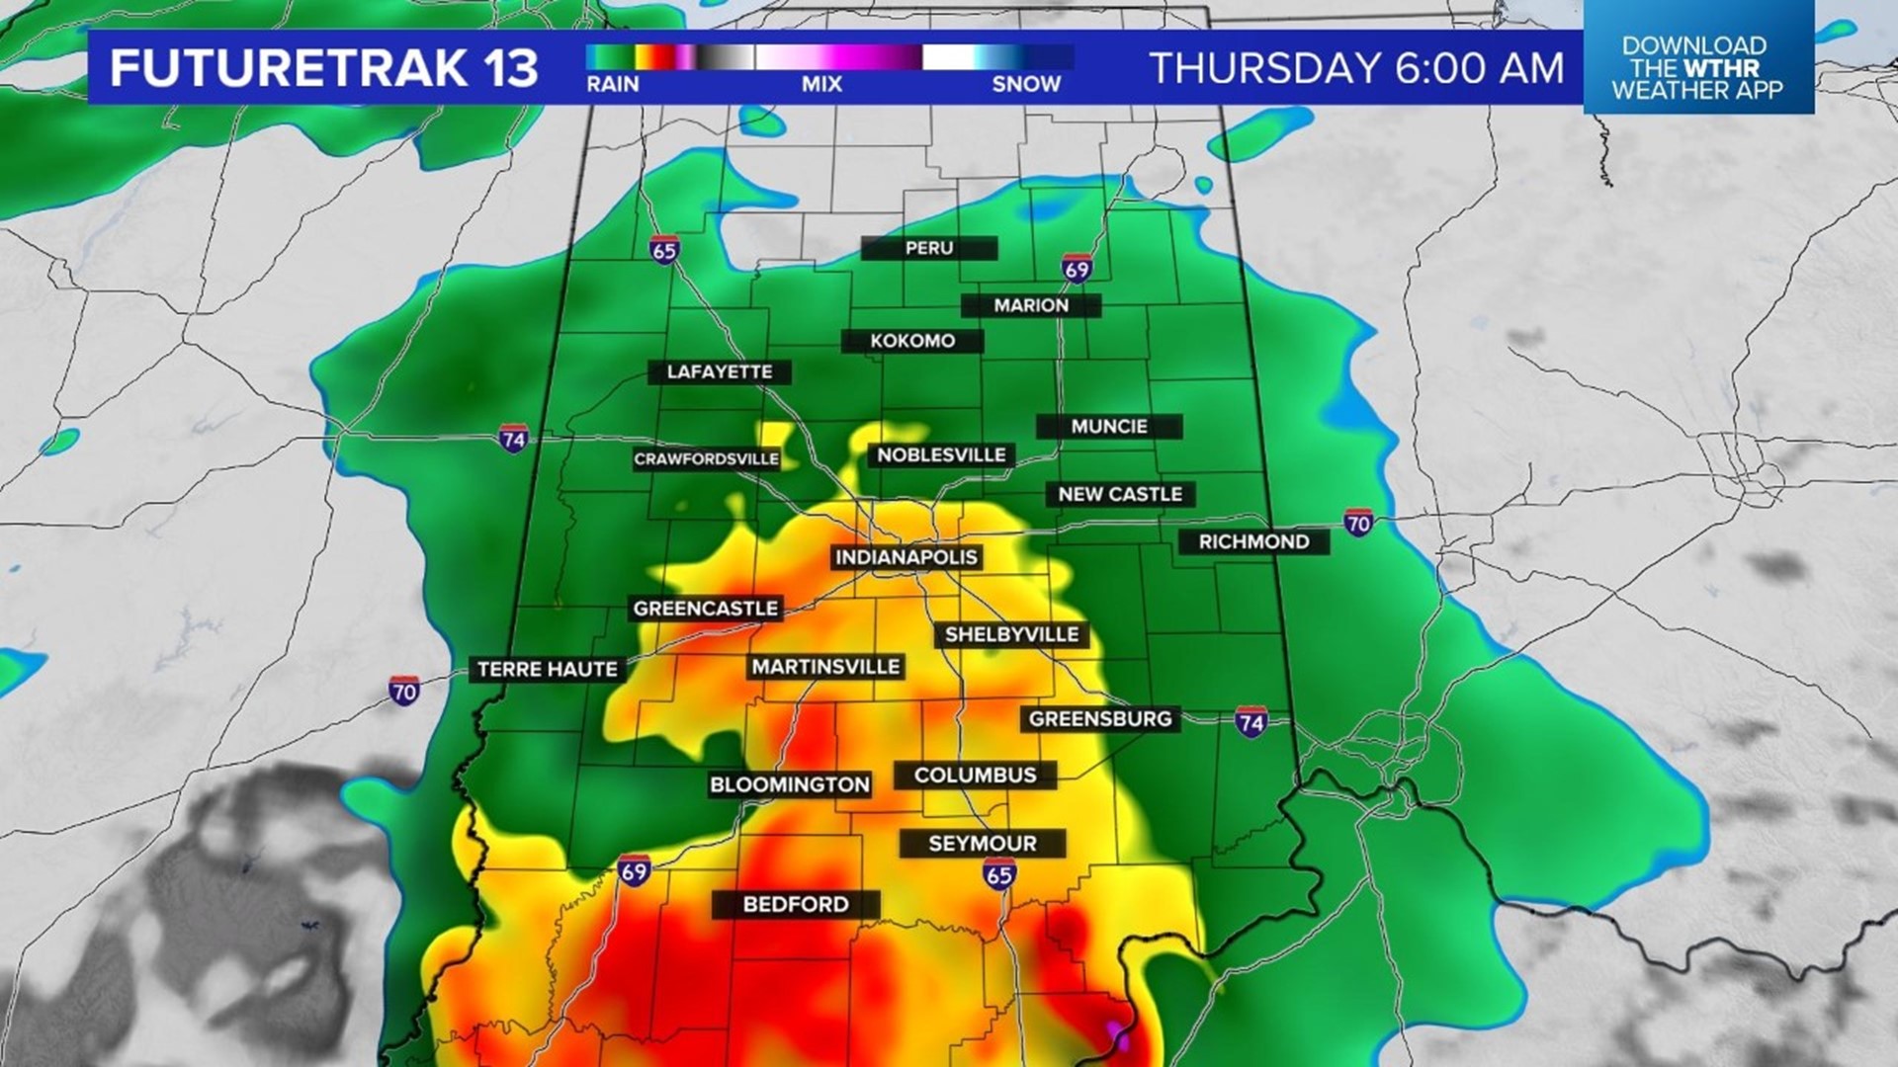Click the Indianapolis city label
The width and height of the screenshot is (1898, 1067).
coord(906,557)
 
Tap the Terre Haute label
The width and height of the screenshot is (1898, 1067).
coord(547,670)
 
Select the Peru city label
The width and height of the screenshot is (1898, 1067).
coord(928,248)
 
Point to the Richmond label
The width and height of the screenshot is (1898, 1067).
coord(1253,541)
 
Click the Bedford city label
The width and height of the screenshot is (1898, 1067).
coord(796,904)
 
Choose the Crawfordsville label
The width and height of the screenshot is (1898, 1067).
coord(706,459)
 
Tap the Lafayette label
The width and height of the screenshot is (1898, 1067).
coord(720,372)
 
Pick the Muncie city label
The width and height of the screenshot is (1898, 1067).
coord(1109,427)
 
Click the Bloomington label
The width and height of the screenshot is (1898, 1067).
coord(790,785)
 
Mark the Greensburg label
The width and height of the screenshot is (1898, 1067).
coord(1100,719)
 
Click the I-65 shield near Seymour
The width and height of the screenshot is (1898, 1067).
coord(999,873)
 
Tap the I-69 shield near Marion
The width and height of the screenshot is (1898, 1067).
coord(1077,269)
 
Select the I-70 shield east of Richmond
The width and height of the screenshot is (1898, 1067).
coord(1358,523)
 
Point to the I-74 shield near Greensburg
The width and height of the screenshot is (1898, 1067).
coord(1251,721)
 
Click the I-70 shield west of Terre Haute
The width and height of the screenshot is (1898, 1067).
coord(403,691)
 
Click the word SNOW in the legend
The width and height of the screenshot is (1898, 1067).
coord(1026,85)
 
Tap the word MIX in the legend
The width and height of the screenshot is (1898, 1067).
coord(821,85)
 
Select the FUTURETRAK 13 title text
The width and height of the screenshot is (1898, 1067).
coord(323,68)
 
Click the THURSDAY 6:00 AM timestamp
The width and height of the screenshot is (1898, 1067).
coord(1356,68)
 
